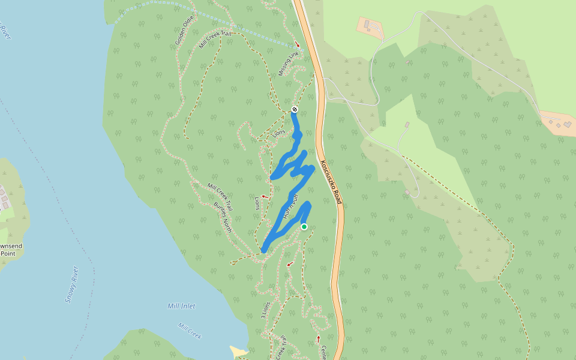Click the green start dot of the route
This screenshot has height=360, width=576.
click(304, 227)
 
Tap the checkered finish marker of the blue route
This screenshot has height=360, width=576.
click(295, 109)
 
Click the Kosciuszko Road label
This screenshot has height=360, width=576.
click(331, 182)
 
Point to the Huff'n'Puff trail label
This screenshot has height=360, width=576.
click(291, 206)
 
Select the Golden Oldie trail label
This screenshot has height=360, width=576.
click(185, 30)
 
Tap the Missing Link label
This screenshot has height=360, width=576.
click(289, 64)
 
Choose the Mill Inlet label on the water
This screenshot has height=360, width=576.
click(181, 306)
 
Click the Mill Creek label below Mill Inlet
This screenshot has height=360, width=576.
click(190, 331)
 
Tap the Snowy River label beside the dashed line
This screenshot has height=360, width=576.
click(72, 284)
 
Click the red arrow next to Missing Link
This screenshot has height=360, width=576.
click(298, 45)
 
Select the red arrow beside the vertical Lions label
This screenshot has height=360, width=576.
click(264, 196)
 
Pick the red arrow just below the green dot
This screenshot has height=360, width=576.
click(290, 264)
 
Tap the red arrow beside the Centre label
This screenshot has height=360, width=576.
click(318, 340)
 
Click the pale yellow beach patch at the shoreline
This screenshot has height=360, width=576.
click(238, 350)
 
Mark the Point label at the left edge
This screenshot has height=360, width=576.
click(8, 253)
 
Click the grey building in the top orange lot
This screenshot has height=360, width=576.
click(367, 24)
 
